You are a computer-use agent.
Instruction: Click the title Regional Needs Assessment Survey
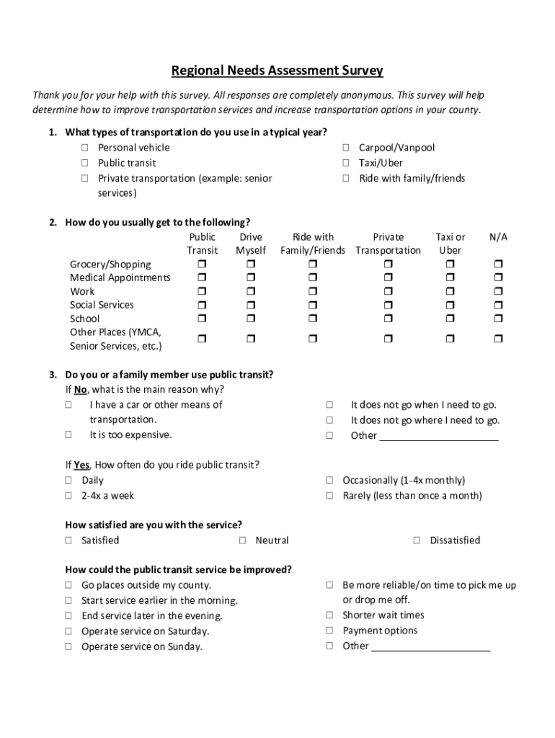point(277,71)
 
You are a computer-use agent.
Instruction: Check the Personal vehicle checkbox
point(84,148)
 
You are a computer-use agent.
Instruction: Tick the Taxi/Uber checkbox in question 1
point(346,163)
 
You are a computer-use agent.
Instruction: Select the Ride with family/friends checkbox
point(346,178)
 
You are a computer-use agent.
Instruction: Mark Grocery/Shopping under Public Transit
point(202,264)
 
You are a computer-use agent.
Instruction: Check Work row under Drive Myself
point(251,292)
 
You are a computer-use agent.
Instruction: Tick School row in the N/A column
point(498,319)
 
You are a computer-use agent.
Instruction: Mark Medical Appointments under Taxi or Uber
point(450,278)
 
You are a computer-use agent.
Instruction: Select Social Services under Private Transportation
point(388,305)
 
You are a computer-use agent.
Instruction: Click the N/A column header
point(498,237)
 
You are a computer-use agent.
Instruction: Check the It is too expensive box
point(68,435)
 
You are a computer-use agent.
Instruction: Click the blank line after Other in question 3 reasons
point(438,435)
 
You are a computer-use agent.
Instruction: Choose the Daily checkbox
point(68,481)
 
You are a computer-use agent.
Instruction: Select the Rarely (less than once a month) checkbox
point(329,496)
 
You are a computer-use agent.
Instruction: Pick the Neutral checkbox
point(243,541)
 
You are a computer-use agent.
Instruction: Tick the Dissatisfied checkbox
point(417,541)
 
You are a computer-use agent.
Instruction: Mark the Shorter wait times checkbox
point(329,615)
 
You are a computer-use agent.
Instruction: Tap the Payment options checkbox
point(329,631)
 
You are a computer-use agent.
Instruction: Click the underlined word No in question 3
point(81,390)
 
